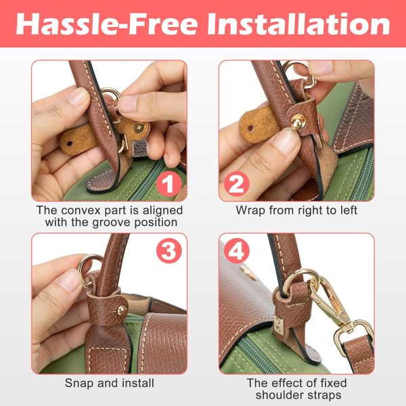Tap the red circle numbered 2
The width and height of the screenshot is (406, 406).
click(237, 184)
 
